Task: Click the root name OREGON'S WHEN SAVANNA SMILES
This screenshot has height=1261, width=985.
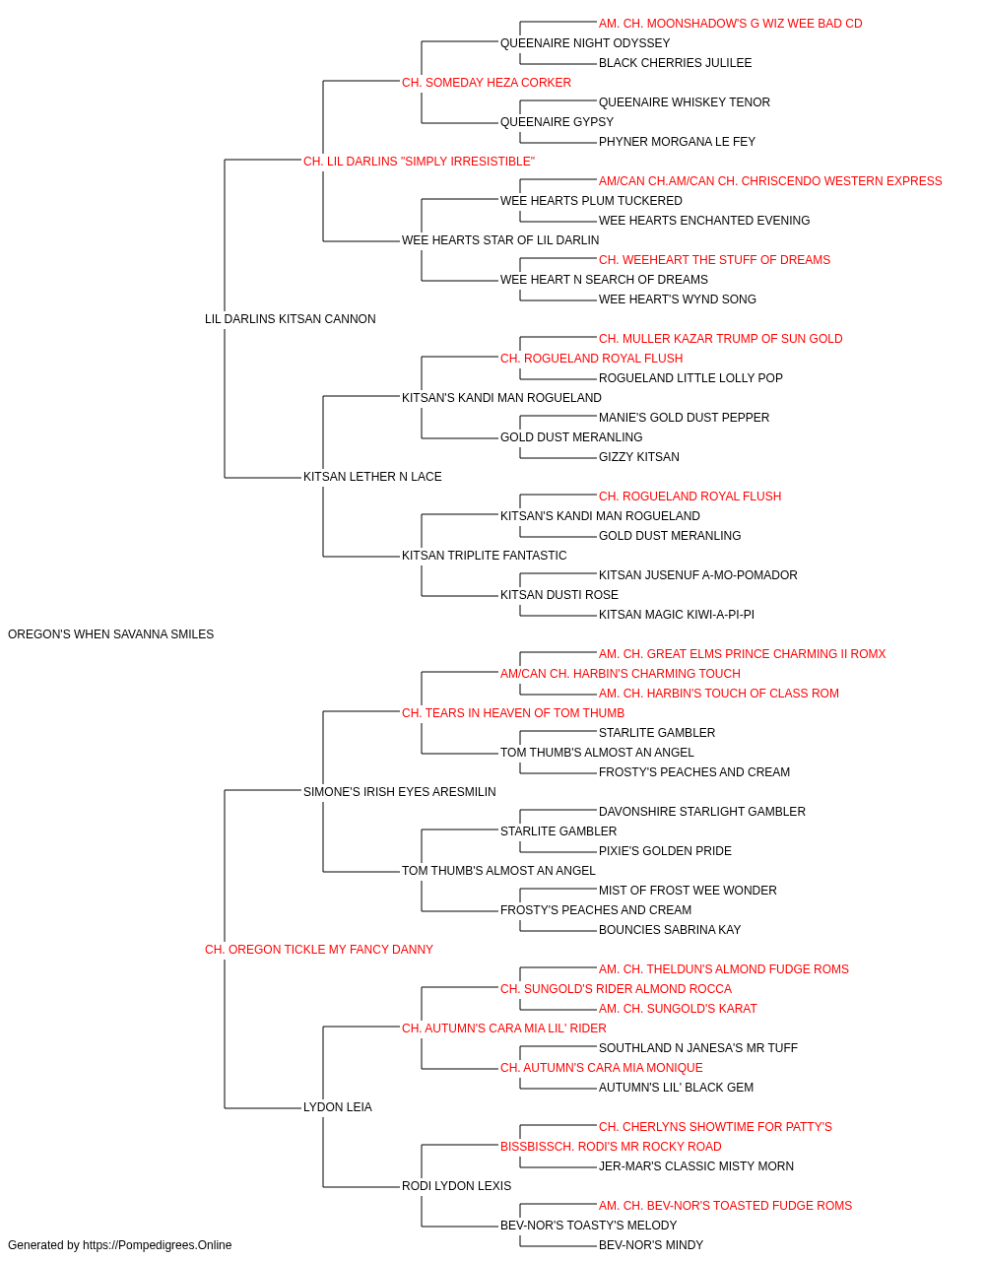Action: point(110,634)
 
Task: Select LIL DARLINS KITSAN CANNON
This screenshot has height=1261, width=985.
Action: point(290,318)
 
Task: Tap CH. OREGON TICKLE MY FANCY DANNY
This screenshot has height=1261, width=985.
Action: point(319,950)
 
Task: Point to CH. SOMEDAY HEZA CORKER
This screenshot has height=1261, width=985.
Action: point(487,83)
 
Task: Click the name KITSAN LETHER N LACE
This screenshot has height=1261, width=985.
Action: point(372,477)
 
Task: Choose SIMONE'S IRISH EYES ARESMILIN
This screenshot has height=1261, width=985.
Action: point(400,791)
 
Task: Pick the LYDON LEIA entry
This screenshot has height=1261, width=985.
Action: point(338,1107)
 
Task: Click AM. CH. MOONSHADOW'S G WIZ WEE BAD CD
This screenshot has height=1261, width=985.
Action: point(730,24)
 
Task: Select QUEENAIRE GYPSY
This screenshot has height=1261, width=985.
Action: point(557,122)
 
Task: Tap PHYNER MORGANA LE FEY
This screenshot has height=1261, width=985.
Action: point(677,142)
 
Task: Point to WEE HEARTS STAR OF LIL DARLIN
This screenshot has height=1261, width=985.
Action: point(500,239)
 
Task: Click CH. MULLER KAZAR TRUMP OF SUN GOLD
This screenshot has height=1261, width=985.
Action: point(720,338)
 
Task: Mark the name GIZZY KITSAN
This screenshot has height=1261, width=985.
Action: point(638,457)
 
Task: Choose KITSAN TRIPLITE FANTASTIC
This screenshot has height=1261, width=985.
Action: point(484,556)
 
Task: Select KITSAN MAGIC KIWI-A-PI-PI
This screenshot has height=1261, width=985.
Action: point(677,615)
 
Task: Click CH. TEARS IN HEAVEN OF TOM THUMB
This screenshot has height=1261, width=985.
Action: point(513,712)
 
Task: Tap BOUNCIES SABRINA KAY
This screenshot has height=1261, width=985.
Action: point(670,930)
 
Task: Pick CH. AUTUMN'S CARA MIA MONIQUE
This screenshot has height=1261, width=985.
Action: point(602,1068)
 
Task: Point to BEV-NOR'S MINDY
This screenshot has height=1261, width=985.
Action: point(651,1245)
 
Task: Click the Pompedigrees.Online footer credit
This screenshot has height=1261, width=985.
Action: point(119,1245)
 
